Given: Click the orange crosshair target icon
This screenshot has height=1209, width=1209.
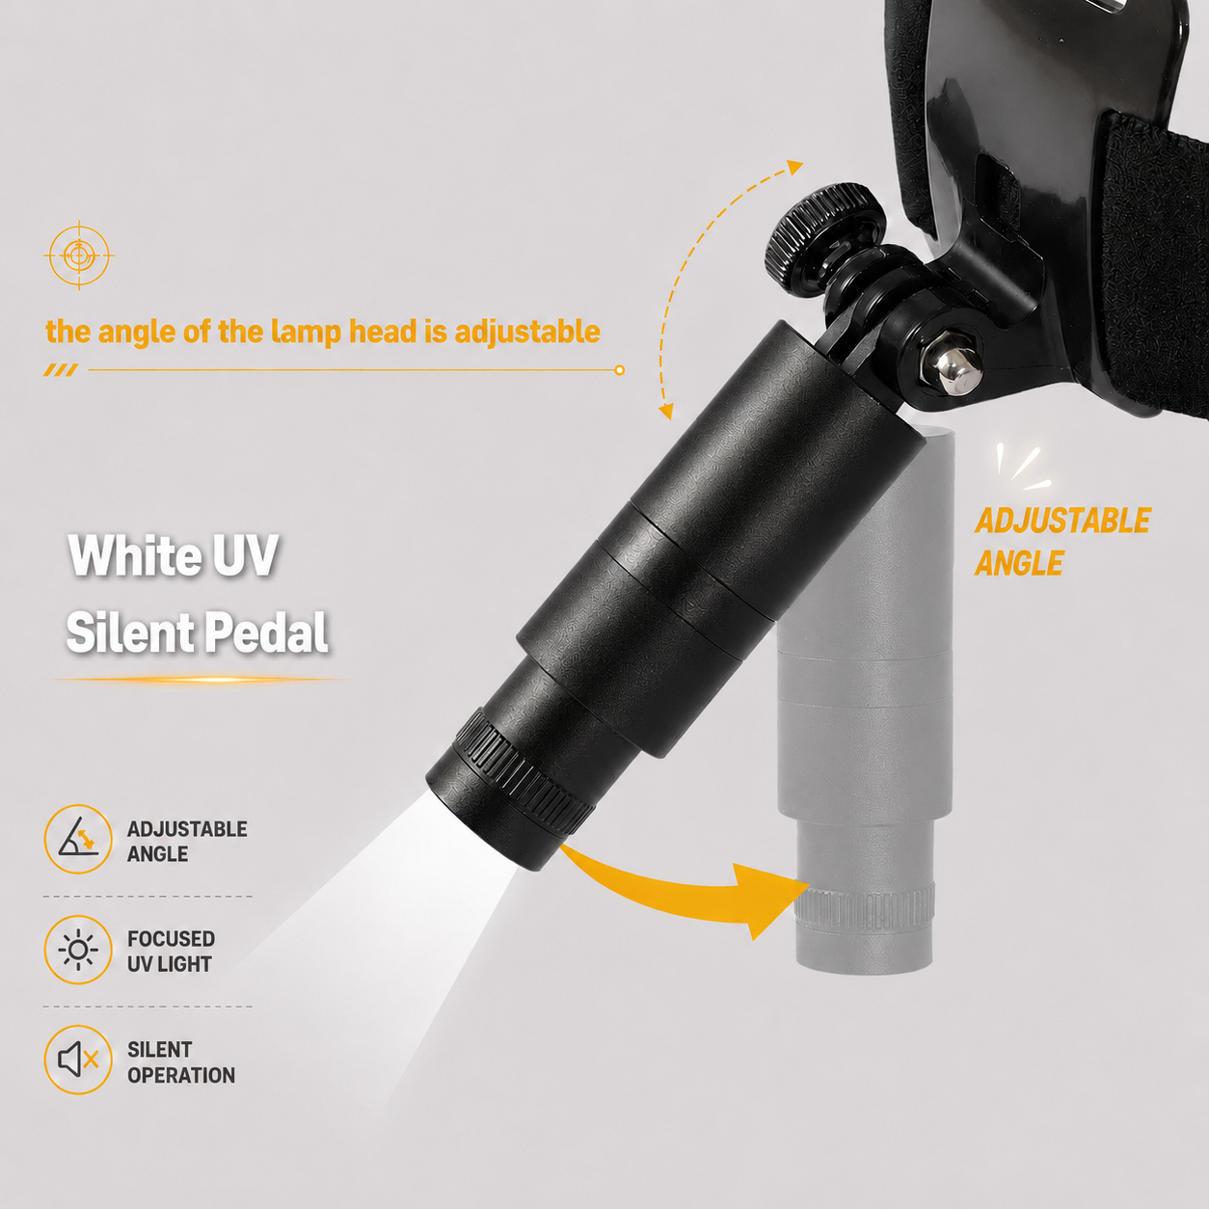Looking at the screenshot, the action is (78, 255).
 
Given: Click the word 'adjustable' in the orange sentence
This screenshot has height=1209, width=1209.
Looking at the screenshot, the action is (527, 333).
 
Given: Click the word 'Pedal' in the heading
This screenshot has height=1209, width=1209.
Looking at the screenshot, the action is (266, 631).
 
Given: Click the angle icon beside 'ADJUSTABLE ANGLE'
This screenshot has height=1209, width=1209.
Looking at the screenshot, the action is (78, 838).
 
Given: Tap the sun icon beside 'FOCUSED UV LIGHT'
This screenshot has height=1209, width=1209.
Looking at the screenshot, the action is (78, 950).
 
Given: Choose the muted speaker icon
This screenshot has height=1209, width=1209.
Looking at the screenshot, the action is (78, 1060).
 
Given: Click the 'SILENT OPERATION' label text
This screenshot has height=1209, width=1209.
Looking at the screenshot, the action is (180, 1062).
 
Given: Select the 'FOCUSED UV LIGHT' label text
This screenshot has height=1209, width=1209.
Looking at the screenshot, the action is (171, 952).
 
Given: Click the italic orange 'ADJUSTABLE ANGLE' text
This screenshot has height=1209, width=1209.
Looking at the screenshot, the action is (1062, 542).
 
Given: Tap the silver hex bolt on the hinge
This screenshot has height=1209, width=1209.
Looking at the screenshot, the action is (953, 372).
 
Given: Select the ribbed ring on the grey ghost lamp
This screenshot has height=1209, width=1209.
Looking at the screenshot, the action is (865, 905).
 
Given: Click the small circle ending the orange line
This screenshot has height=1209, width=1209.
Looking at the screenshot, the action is (620, 370).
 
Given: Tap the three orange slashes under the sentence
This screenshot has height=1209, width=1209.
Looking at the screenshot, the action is (61, 370).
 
